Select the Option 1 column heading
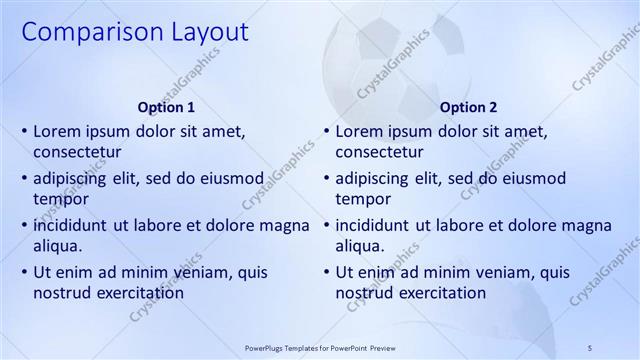(166, 107)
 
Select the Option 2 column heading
(468, 107)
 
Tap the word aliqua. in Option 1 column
(58, 246)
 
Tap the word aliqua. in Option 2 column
(360, 246)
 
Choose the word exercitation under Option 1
(136, 293)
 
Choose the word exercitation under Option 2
(438, 293)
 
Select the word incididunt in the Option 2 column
(376, 226)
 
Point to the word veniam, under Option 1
(197, 272)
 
